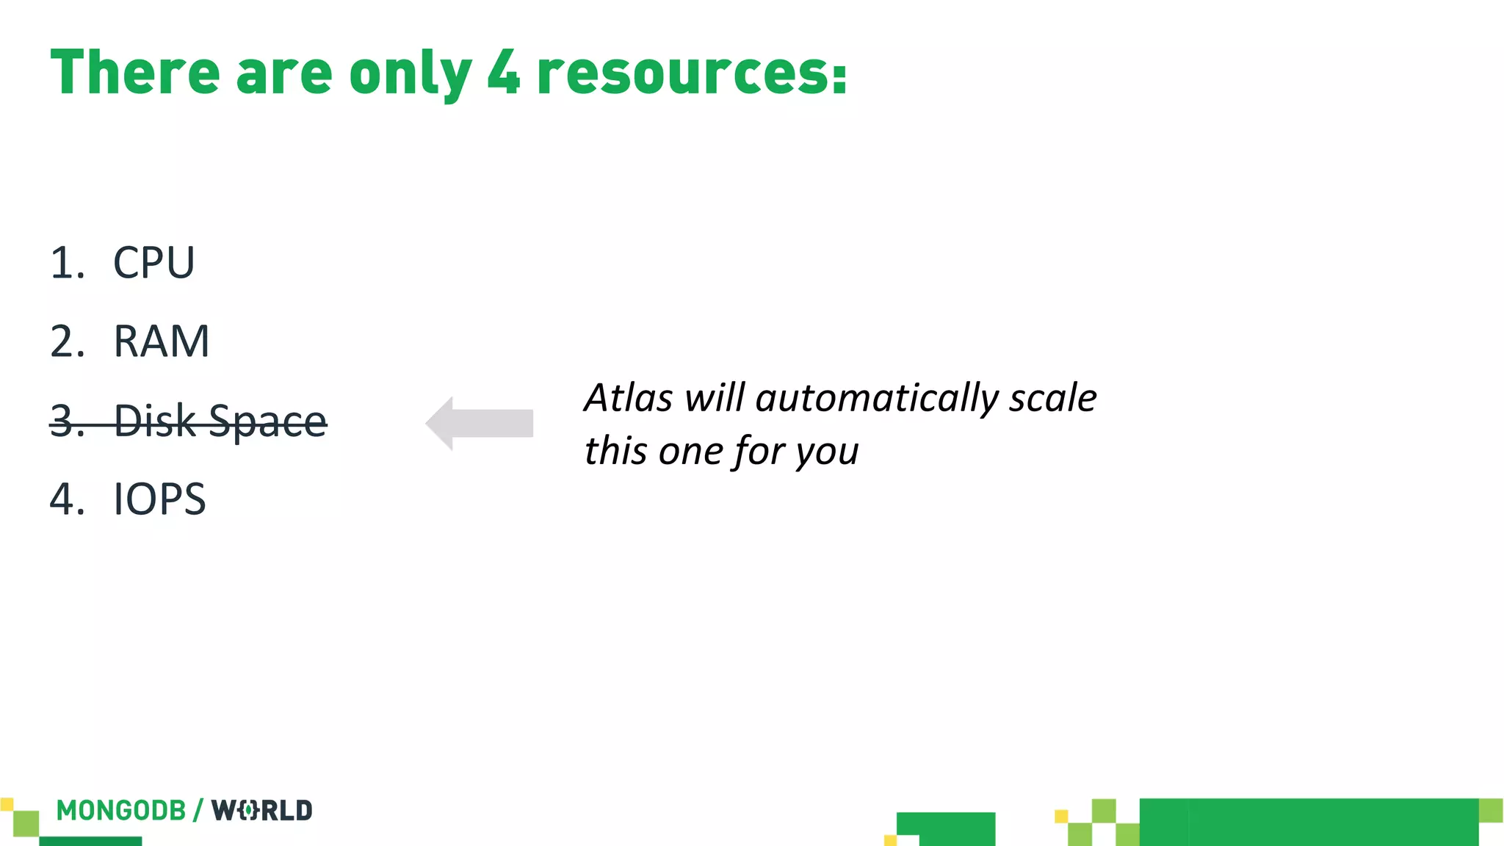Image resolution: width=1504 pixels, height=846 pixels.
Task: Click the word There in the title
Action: point(135,72)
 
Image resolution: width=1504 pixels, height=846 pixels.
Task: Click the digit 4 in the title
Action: point(504,72)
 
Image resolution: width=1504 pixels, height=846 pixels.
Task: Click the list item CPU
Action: point(153,262)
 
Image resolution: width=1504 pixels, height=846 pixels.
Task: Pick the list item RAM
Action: point(162,341)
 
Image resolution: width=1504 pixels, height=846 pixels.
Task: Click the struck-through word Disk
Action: point(155,421)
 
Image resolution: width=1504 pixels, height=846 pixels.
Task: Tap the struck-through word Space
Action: point(267,422)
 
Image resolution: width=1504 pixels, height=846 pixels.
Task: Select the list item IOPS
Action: point(159,499)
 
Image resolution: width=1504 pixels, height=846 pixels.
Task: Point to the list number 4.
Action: point(65,499)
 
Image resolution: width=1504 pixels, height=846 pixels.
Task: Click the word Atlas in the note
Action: point(628,398)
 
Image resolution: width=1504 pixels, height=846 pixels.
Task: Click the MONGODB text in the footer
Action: point(121,811)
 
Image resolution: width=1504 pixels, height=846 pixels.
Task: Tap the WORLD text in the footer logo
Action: point(262,811)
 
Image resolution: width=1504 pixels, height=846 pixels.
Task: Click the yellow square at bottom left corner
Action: point(7,804)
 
